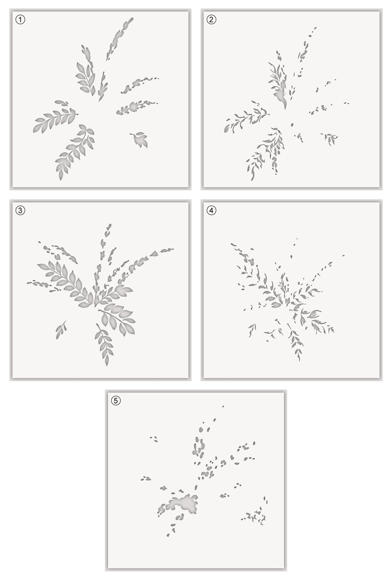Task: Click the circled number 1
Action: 20,20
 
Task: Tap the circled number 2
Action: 211,20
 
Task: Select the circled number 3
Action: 20,210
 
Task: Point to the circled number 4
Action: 211,210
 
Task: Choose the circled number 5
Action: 116,401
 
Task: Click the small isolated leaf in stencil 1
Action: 140,140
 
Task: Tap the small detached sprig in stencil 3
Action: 61,330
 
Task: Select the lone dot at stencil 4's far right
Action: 343,255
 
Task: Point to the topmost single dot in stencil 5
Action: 223,406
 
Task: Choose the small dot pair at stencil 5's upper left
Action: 154,439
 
